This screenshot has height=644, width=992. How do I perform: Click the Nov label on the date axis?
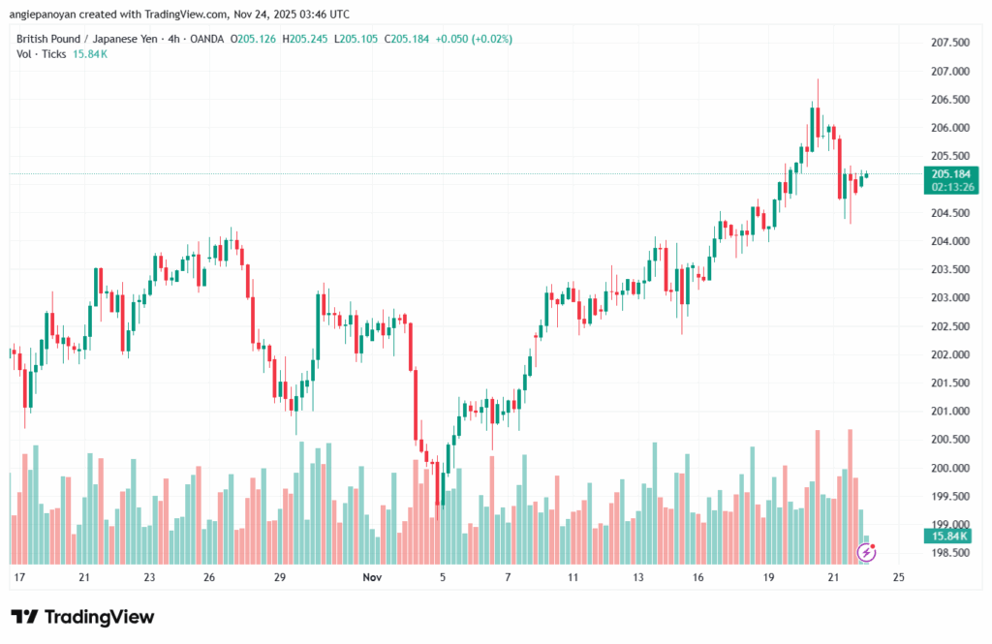pyautogui.click(x=373, y=577)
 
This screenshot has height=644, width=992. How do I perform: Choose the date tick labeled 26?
pyautogui.click(x=208, y=577)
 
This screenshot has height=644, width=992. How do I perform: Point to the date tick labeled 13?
pyautogui.click(x=638, y=577)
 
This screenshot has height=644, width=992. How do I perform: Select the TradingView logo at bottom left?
pyautogui.click(x=82, y=617)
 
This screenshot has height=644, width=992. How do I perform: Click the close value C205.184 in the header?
pyautogui.click(x=410, y=39)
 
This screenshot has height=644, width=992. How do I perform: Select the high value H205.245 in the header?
pyautogui.click(x=308, y=39)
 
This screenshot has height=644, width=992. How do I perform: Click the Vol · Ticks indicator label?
pyautogui.click(x=42, y=54)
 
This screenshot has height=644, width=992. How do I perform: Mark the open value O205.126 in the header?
pyautogui.click(x=256, y=39)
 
